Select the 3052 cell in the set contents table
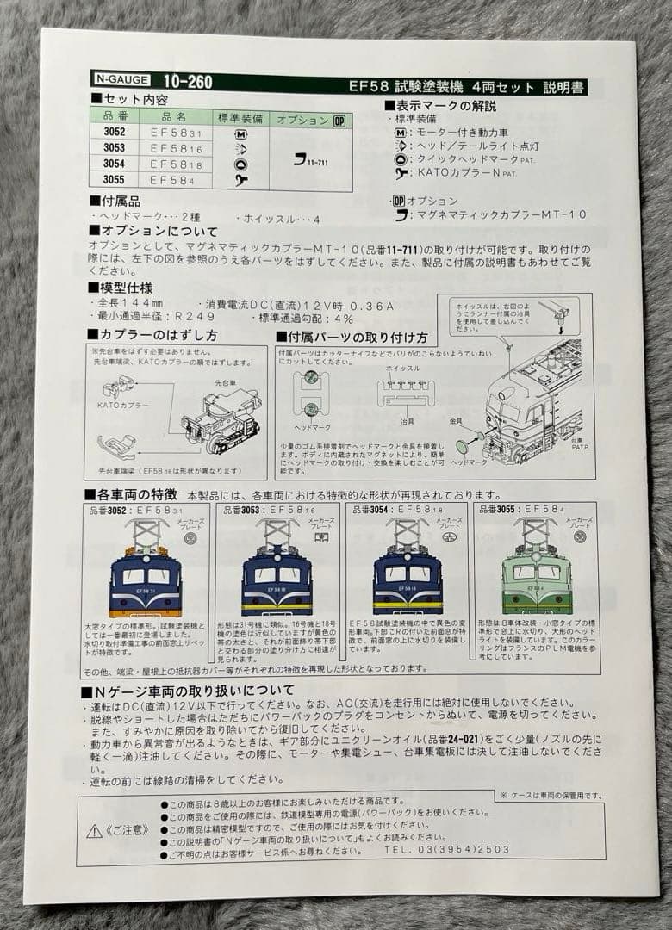pos(115,133)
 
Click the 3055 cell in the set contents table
pos(115,179)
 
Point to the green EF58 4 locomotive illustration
pos(536,571)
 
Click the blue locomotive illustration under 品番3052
pos(146,575)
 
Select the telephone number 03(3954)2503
pos(470,849)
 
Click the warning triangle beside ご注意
pos(94,830)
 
